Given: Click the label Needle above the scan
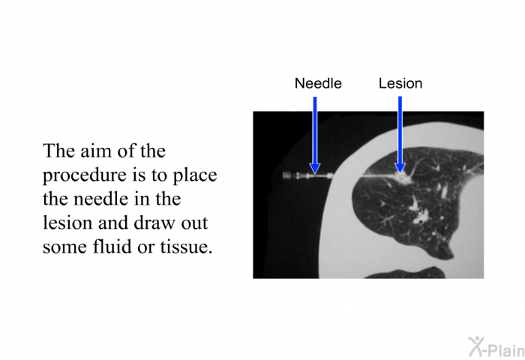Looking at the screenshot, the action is click(x=318, y=83).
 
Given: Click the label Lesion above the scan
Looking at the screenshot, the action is click(x=400, y=83).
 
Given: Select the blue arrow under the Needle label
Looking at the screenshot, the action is click(x=315, y=135).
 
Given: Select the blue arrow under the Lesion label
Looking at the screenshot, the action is click(x=400, y=134).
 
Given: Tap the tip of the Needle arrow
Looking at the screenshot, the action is click(x=315, y=174).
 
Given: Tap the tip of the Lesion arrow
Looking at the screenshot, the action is click(x=400, y=172).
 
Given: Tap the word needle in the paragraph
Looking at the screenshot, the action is click(x=102, y=199).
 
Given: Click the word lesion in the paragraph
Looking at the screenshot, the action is click(x=67, y=223).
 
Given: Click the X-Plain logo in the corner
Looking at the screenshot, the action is click(x=496, y=347).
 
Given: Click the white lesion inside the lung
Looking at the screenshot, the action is click(x=402, y=178).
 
